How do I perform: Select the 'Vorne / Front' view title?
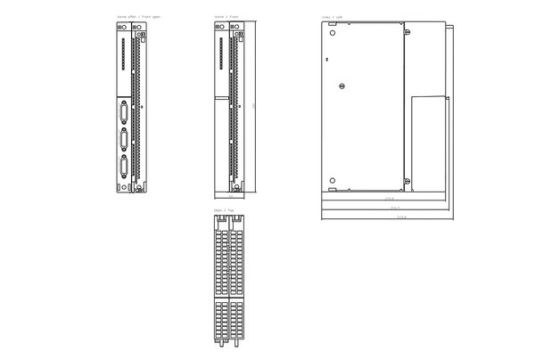coord(226,17)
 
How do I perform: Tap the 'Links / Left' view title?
coord(332,17)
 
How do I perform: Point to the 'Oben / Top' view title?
coord(223,210)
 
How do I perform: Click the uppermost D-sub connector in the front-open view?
coord(122,113)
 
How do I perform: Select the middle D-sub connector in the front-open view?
coord(122,139)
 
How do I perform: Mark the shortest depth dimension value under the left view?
coord(389,200)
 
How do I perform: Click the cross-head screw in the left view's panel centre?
coord(342,86)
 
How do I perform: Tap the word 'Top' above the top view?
coord(230,210)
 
